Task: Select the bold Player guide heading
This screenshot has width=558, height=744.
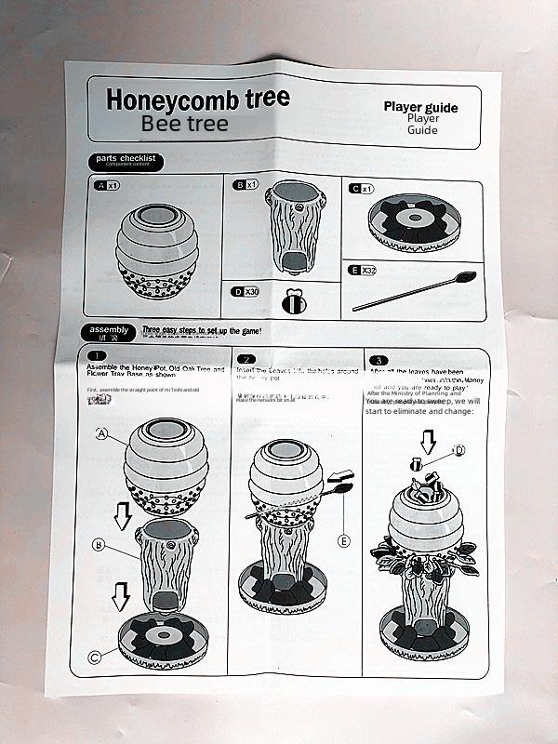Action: point(420,107)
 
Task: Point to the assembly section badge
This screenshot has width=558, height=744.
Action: point(110,330)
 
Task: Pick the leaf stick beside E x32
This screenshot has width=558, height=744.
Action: point(415,290)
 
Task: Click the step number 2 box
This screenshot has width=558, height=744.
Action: point(246,359)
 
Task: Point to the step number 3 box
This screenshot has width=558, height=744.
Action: point(379,360)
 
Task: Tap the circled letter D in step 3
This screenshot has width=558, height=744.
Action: point(459,450)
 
